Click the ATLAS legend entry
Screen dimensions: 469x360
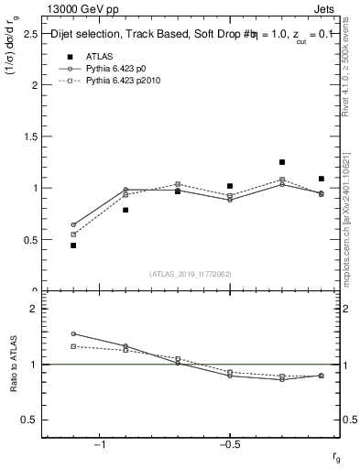click(x=99, y=56)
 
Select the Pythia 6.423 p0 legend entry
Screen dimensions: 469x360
click(x=119, y=69)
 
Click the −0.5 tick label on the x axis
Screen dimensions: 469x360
click(x=229, y=444)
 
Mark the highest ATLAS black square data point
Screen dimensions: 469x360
click(x=282, y=162)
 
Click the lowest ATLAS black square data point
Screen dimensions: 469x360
click(x=73, y=245)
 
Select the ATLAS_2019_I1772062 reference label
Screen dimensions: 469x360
click(x=191, y=274)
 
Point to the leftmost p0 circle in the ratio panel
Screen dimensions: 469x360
click(x=73, y=333)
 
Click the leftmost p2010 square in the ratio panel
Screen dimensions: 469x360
click(x=73, y=346)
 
